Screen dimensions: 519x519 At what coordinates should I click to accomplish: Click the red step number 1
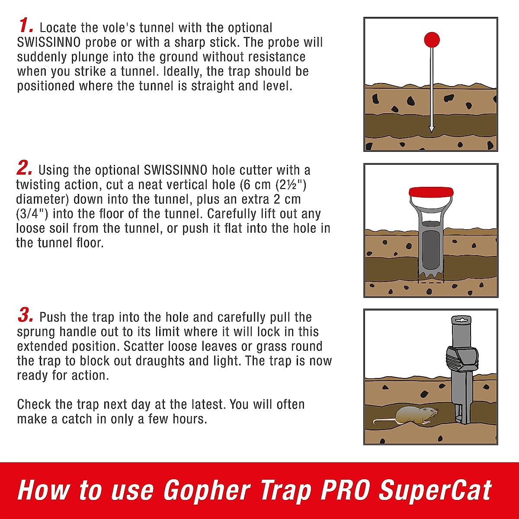pos(26,26)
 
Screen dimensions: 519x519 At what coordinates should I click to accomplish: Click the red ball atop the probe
pos(432,40)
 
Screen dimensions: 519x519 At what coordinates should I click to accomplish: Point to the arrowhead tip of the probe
pos(432,132)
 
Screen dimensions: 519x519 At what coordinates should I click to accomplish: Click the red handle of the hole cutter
pos(431,192)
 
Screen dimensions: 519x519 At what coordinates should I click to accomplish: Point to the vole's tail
pos(384,421)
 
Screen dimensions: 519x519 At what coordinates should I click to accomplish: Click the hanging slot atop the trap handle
pos(461,320)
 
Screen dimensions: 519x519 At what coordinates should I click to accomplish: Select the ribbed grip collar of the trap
pos(462,359)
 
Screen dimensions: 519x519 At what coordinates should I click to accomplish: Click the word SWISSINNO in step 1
pos(49,42)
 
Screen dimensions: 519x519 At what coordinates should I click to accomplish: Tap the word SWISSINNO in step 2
pos(176,170)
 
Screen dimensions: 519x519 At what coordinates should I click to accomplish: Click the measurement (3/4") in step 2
pos(32,214)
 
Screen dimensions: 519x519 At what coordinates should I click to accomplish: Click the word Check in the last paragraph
pos(34,404)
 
